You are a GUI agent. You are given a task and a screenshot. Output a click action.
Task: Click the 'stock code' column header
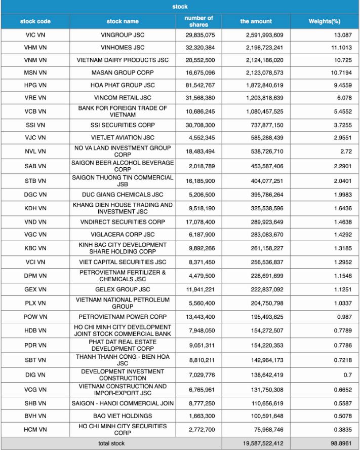(35, 21)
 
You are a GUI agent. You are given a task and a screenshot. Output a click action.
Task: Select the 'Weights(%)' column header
(325, 21)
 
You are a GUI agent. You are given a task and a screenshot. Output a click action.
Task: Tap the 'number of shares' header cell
(199, 21)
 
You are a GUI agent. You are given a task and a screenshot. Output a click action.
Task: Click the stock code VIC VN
(35, 35)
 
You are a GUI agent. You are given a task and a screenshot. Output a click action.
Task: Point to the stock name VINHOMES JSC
(123, 48)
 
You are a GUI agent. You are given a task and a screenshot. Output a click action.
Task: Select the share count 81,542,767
(199, 85)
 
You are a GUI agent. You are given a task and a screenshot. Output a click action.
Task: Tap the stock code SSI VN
(35, 125)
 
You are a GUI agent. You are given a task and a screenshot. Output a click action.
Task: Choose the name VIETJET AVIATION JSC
(123, 137)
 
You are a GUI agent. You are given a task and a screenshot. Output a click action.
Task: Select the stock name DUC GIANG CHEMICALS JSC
(123, 195)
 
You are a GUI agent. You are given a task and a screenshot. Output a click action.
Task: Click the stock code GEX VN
(35, 290)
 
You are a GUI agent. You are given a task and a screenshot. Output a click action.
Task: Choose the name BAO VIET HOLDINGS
(123, 416)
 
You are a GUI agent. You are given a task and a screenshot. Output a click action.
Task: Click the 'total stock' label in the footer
(111, 443)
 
